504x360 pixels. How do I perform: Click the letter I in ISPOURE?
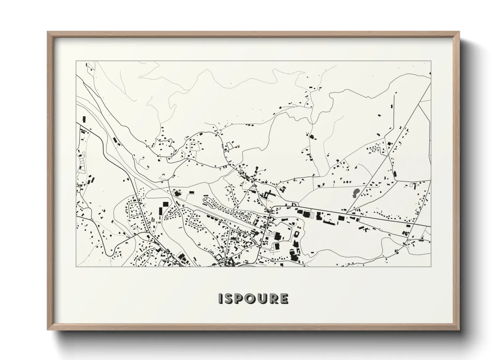click(x=220, y=299)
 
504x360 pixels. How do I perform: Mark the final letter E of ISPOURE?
click(x=284, y=299)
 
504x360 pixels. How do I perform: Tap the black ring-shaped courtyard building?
click(x=296, y=234)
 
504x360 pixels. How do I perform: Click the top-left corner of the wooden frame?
click(x=48, y=32)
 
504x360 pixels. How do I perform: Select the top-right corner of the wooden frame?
click(x=459, y=32)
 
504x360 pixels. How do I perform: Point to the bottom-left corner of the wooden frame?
click(x=48, y=330)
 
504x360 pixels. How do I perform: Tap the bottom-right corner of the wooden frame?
click(x=459, y=330)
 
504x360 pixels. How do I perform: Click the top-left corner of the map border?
click(x=76, y=61)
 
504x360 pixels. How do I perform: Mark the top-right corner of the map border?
click(x=431, y=61)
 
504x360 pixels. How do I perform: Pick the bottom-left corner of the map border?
click(x=76, y=266)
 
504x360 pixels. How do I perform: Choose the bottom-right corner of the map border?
click(x=431, y=266)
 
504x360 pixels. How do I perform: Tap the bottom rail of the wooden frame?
click(x=253, y=329)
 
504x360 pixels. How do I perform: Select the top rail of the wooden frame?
click(x=253, y=33)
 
